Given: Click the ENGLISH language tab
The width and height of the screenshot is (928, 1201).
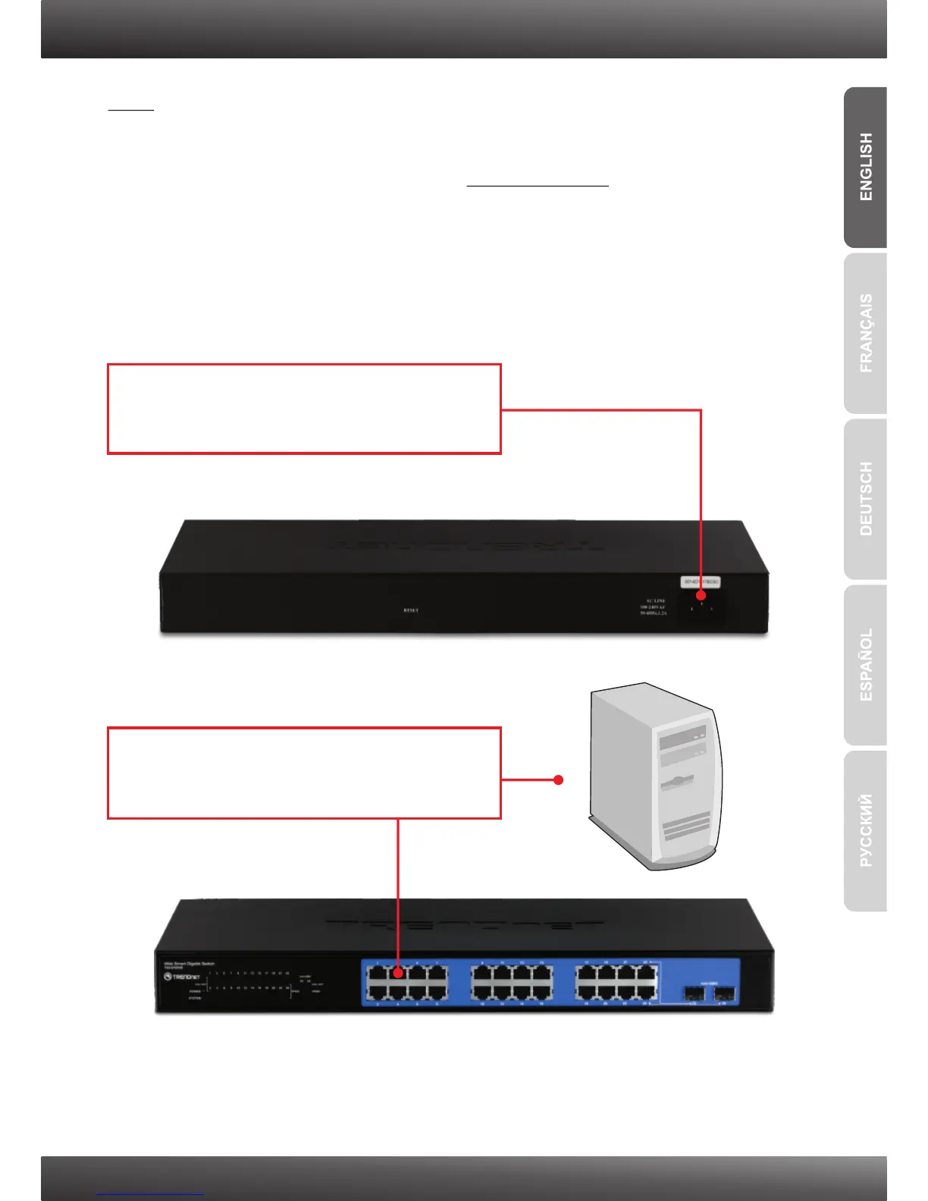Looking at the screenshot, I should click(x=866, y=168).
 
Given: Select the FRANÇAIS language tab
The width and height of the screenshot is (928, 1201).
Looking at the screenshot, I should click(x=866, y=334).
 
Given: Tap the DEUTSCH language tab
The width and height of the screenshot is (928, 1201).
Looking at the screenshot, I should click(x=866, y=499).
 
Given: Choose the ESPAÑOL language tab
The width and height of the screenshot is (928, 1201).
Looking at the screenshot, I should click(x=866, y=665).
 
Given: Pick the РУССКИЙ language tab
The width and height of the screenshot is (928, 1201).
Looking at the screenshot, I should click(x=866, y=831).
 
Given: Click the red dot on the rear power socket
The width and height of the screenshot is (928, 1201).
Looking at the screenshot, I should click(x=701, y=596).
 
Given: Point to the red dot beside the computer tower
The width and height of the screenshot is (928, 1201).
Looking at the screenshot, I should click(x=559, y=779).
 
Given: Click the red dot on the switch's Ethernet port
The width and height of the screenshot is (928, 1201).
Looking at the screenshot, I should click(x=398, y=972).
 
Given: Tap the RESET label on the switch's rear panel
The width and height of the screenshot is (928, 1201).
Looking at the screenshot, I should click(x=411, y=610).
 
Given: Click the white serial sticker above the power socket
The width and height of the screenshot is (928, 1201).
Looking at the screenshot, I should click(x=700, y=582).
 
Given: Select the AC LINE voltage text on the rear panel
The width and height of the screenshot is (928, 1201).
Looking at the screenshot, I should click(x=653, y=607).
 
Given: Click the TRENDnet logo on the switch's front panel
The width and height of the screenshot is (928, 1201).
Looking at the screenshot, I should click(x=182, y=977).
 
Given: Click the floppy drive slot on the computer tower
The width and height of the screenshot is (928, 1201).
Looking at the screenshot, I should click(x=679, y=780).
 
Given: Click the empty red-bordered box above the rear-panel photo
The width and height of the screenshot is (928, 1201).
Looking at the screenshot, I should click(x=304, y=409).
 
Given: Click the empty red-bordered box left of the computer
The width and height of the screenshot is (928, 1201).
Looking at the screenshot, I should click(x=304, y=773).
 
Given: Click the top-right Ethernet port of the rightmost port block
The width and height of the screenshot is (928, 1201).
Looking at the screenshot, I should click(x=647, y=973).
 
